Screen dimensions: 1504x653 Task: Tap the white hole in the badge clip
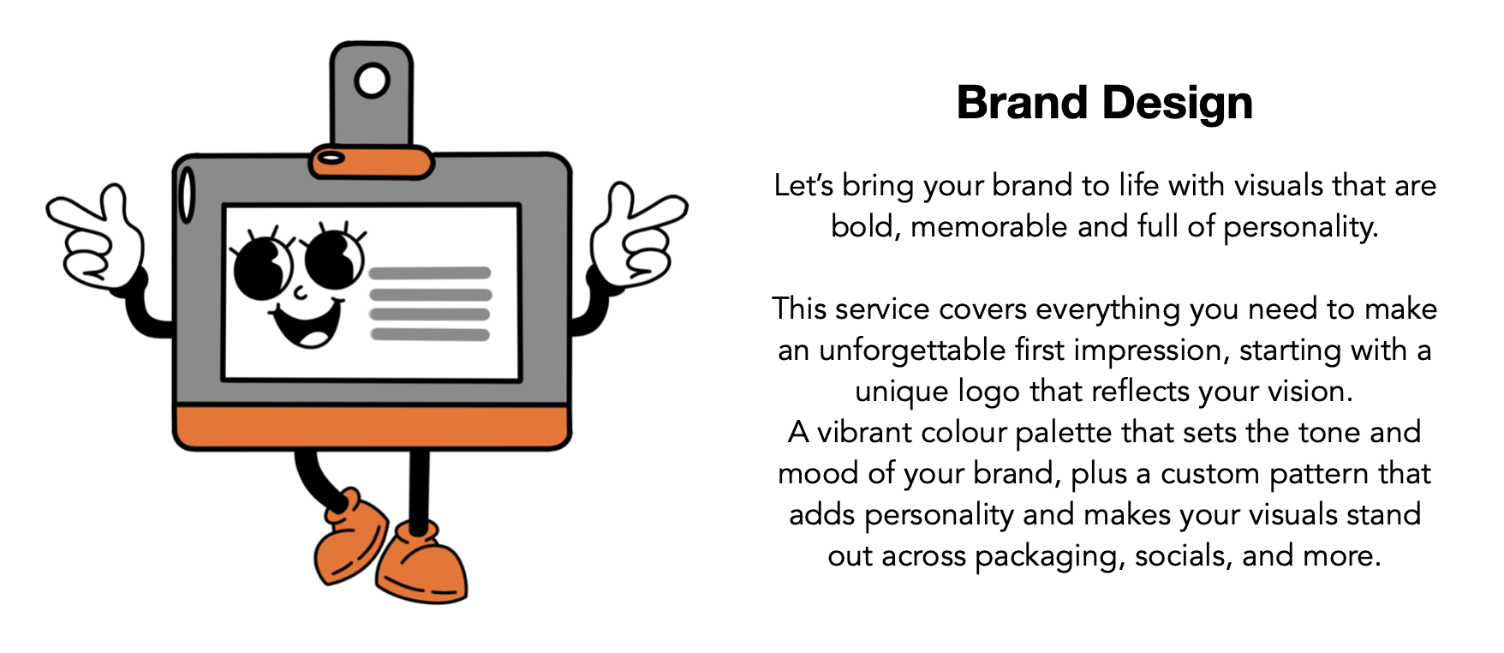tap(372, 81)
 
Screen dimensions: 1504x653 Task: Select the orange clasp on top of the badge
tap(372, 161)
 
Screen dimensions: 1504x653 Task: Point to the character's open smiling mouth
tap(307, 323)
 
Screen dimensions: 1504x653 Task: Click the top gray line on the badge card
tap(430, 273)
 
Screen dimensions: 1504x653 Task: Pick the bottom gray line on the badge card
tap(430, 334)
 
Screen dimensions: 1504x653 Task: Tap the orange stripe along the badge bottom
tap(372, 427)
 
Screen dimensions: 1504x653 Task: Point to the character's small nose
tap(300, 292)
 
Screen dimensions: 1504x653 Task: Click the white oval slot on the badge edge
tap(186, 195)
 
